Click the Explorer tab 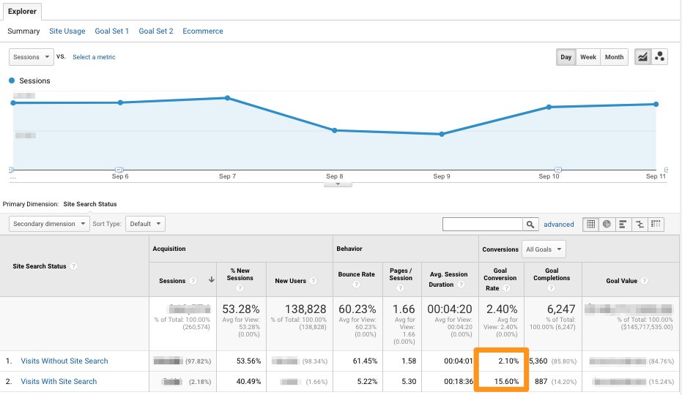[x=21, y=11]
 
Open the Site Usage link [x=67, y=31]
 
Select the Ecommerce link [x=203, y=31]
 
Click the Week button [x=588, y=57]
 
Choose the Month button [x=614, y=57]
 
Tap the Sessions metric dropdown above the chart [x=31, y=57]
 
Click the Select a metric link [x=94, y=57]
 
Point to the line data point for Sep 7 [x=227, y=98]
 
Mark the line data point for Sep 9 [x=442, y=135]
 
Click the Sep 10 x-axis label [x=549, y=176]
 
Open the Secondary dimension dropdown [x=49, y=224]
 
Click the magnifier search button [x=530, y=225]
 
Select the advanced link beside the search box [x=558, y=225]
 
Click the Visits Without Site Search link [x=64, y=361]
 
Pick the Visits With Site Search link [x=59, y=381]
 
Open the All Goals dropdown [x=544, y=249]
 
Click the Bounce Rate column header [x=357, y=275]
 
